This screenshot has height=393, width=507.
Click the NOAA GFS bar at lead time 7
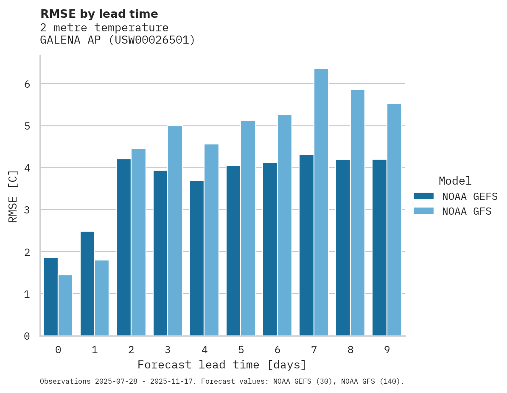point(321,202)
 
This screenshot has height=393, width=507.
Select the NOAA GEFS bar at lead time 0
point(50,296)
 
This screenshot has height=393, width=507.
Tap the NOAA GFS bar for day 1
point(102,298)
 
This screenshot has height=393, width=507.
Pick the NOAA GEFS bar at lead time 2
point(124,247)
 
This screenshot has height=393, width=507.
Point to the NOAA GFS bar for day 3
point(175,231)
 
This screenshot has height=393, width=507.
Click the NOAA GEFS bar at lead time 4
point(197,258)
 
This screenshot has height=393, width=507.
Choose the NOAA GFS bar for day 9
point(394,220)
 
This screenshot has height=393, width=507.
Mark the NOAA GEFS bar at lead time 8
point(343,248)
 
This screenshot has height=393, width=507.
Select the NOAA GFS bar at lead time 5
point(248,228)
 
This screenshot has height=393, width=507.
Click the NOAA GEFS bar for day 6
point(270,249)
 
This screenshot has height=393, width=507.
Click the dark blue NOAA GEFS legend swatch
point(423,196)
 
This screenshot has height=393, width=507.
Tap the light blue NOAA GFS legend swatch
point(423,211)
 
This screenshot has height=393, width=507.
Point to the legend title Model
point(455,181)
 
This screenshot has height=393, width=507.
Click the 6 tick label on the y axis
point(27,84)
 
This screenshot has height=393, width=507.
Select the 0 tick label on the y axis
point(27,336)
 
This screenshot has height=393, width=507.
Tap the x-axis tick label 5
point(241,350)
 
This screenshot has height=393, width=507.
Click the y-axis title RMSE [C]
point(14,196)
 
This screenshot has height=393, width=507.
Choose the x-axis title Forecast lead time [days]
point(221,365)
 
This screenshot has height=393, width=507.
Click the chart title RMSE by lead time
point(99,14)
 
